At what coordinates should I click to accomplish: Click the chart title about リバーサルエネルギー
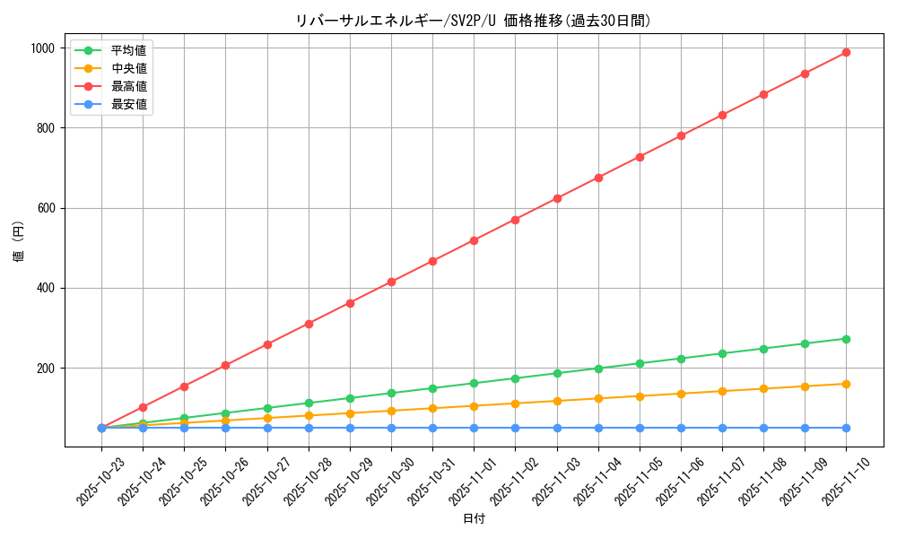[x=473, y=21]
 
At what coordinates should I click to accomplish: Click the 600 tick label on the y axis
[x=46, y=208]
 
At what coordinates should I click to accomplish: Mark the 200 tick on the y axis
[x=46, y=369]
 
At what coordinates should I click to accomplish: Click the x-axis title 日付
[x=474, y=519]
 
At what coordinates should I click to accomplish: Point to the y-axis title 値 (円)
[x=19, y=242]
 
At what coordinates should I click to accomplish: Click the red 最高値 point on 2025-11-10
[x=846, y=53]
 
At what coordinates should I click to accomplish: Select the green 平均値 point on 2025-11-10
[x=846, y=339]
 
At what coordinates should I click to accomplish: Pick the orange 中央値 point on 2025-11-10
[x=846, y=384]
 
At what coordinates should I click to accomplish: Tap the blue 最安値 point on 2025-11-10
[x=846, y=428]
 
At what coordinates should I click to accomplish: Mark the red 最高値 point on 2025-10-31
[x=432, y=261]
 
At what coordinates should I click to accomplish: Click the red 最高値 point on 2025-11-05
[x=640, y=157]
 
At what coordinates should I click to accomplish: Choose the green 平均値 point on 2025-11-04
[x=598, y=369]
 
